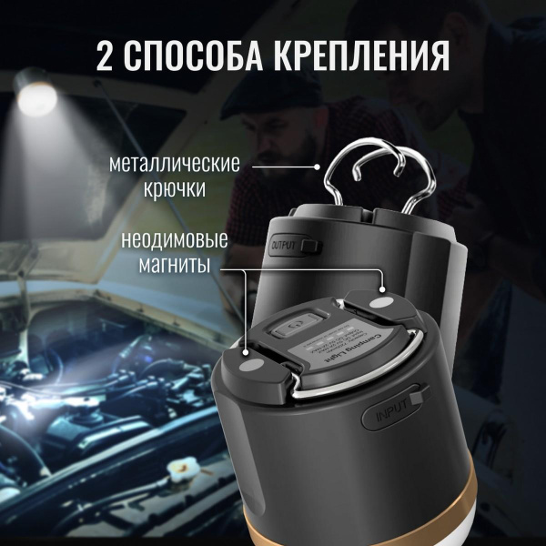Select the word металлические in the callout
[x=174, y=167]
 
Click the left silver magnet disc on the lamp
[x=250, y=367]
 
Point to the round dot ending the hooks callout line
[x=317, y=167]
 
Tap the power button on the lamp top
[x=296, y=323]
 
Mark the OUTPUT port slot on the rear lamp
[x=312, y=245]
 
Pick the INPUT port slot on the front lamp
[x=418, y=399]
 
